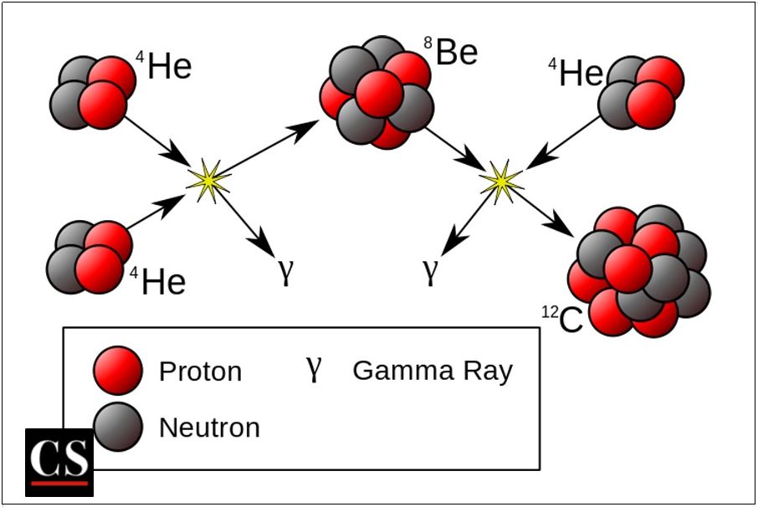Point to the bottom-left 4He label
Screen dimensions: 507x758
158,281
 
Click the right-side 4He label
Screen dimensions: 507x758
576,73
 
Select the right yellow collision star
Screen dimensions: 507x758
500,181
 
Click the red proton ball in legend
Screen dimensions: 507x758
118,370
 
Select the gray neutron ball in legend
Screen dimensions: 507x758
118,427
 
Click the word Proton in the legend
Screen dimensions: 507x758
200,371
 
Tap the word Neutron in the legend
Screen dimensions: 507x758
209,428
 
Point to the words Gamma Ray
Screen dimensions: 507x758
432,370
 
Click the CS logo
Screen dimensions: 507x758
59,461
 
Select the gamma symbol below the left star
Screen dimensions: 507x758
286,272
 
